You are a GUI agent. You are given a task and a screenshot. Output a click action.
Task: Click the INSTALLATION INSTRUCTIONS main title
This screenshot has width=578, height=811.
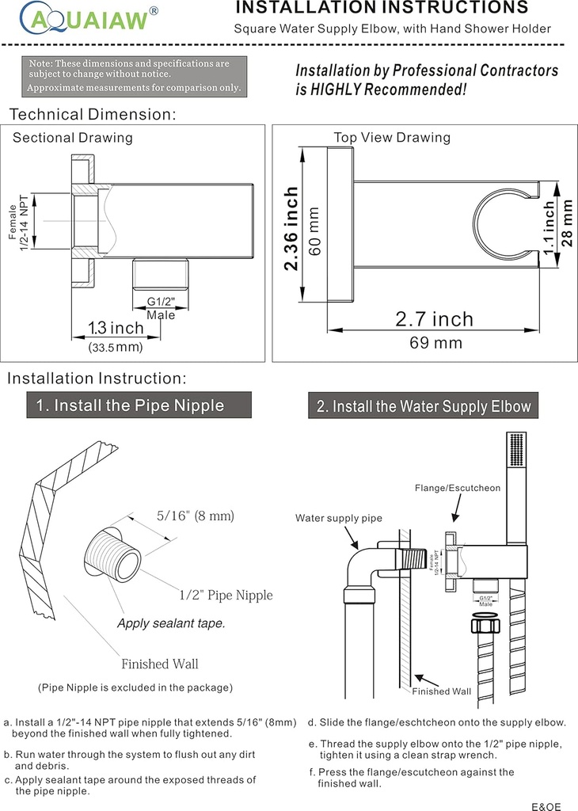coord(382,9)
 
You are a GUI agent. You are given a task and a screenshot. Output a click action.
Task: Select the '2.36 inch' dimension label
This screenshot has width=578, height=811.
coord(291,229)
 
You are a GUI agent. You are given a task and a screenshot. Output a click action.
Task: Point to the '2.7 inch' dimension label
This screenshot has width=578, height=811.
coord(434,319)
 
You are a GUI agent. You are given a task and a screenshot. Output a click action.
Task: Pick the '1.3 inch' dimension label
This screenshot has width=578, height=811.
coord(116,328)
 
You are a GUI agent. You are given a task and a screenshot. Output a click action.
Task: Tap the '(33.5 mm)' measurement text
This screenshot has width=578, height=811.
coord(116,347)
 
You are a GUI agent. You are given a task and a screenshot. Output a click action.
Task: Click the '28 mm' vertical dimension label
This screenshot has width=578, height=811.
coord(567,223)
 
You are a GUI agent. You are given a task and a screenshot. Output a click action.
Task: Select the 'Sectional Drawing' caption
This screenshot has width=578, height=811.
coord(73,138)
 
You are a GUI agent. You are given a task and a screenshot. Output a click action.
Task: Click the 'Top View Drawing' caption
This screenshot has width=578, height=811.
coord(392,137)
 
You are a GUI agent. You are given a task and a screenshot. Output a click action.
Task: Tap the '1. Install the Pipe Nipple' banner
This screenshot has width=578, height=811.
coord(130,405)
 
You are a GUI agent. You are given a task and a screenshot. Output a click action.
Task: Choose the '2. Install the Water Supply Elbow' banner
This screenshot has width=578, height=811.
coord(424,406)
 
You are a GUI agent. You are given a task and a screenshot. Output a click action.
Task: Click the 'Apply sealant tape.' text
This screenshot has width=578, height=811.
coord(171,623)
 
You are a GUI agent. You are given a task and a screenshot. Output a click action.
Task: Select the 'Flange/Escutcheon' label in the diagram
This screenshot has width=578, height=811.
coord(458,488)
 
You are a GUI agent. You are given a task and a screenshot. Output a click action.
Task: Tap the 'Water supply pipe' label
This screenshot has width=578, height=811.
coord(339,518)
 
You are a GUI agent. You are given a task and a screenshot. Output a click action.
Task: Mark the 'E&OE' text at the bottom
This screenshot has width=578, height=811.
coord(546,806)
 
